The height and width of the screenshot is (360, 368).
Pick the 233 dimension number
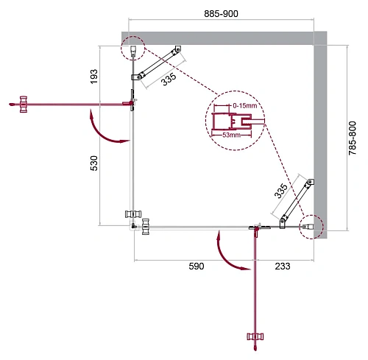pos(282,269)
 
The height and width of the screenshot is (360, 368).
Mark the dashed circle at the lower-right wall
pos(311,227)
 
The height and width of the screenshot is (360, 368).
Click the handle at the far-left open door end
pos(24,103)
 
